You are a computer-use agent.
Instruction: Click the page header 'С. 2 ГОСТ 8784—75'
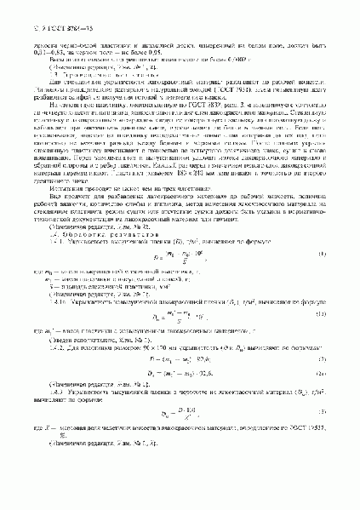[x=41, y=10]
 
